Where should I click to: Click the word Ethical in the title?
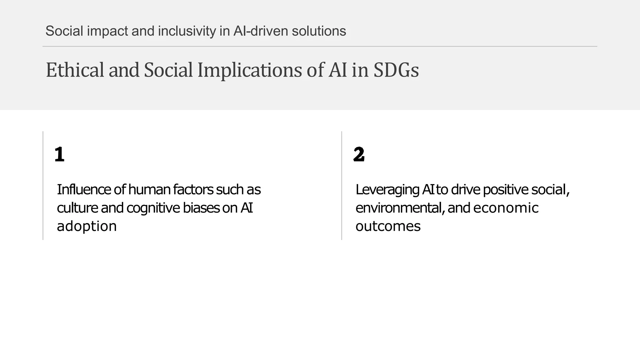[75, 70]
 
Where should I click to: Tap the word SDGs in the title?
[396, 70]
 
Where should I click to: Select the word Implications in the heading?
[250, 70]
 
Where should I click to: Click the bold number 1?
[59, 154]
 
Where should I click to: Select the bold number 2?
[359, 154]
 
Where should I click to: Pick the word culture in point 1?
[77, 208]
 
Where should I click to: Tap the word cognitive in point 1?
[153, 208]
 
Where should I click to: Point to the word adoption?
[87, 226]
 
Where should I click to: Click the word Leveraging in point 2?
[387, 190]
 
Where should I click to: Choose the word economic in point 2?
[506, 208]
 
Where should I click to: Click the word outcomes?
[388, 226]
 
